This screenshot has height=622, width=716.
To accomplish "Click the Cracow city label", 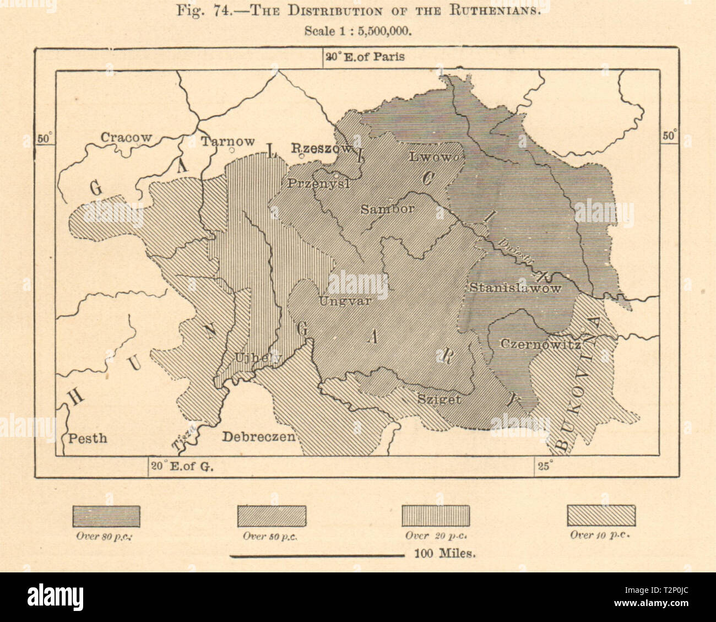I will (126, 138).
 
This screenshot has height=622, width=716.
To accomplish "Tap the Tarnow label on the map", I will (227, 142).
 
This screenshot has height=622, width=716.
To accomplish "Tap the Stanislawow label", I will (515, 288).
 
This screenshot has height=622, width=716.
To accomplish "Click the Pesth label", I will (87, 439).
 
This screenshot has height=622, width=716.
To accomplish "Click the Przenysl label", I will (318, 184).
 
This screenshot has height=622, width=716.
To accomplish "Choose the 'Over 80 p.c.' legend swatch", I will (106, 516).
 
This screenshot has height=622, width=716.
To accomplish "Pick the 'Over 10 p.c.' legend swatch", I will (601, 516).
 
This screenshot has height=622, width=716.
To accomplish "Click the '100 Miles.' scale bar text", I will (444, 554).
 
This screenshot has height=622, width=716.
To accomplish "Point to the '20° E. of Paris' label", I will (365, 57).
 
